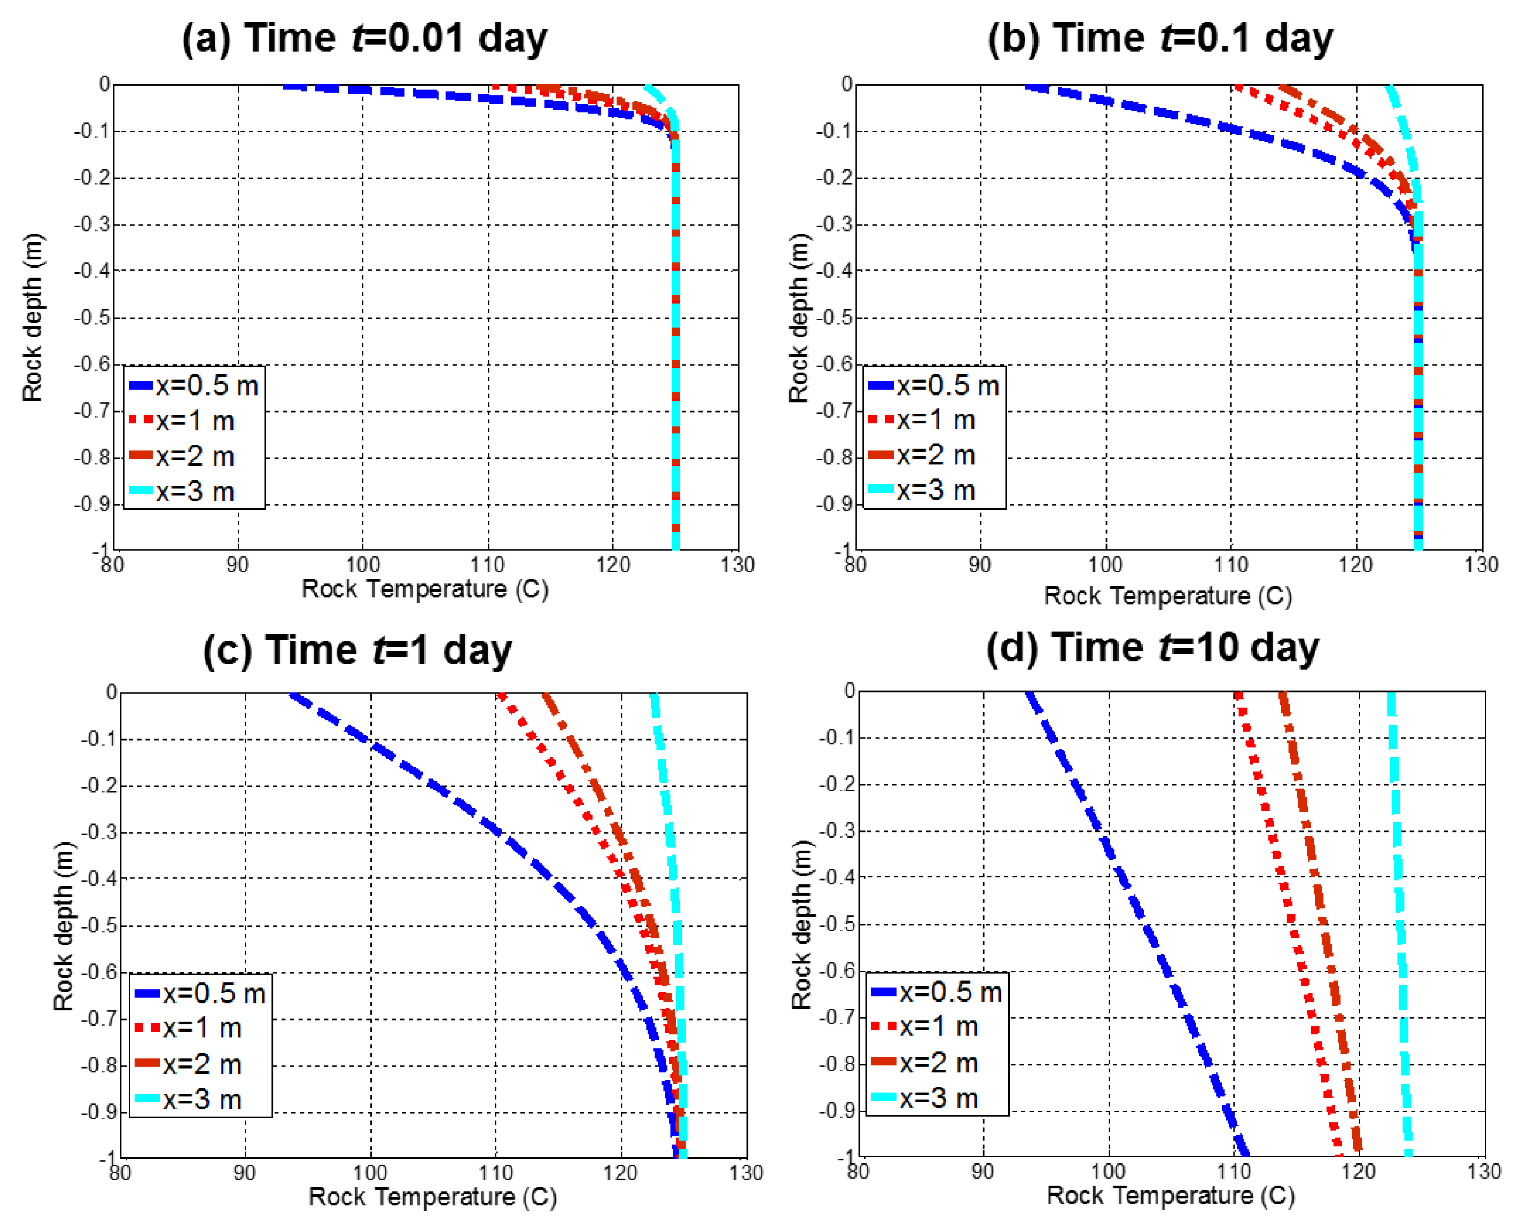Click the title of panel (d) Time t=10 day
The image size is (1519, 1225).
point(1152,646)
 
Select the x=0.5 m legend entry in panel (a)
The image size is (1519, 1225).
point(194,386)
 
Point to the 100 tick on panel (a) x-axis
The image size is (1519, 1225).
point(363,565)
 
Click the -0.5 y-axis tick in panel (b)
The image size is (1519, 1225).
point(835,318)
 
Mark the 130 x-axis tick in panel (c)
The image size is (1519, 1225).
point(746,1173)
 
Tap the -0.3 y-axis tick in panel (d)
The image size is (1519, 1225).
point(837,830)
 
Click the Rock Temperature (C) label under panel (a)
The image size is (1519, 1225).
point(425,589)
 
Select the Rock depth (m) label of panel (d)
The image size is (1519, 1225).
point(801,924)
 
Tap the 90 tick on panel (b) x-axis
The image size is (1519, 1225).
point(980,565)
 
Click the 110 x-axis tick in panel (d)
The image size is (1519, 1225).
point(1234,1172)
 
